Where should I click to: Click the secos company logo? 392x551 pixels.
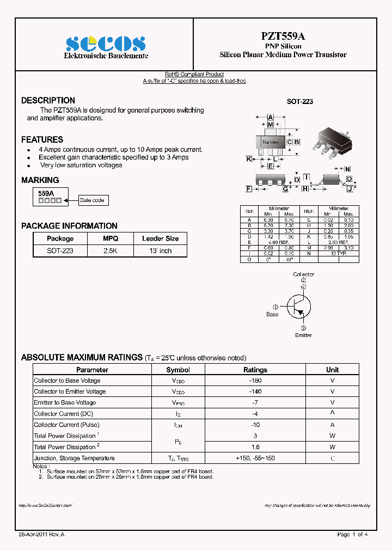tap(106, 44)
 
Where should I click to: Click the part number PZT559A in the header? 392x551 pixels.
tap(283, 36)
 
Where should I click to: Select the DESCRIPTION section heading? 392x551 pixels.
tap(48, 101)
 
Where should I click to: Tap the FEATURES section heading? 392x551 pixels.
tap(42, 140)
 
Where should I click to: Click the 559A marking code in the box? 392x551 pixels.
tap(46, 193)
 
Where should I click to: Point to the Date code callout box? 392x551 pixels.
tap(92, 200)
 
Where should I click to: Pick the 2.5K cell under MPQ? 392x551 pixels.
tap(111, 251)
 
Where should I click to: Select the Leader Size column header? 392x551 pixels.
tap(161, 238)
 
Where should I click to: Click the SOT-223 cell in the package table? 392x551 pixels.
tap(60, 251)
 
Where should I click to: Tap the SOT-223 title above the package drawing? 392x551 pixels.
tap(300, 102)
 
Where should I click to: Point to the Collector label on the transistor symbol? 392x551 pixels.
tap(303, 274)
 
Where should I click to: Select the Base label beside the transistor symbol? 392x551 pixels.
tap(272, 314)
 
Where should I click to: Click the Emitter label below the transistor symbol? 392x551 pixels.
tap(303, 335)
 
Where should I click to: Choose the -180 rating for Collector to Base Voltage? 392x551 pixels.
tap(255, 381)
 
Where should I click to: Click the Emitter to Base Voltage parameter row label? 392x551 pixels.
tap(65, 402)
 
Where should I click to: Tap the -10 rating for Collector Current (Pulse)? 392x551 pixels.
tap(255, 425)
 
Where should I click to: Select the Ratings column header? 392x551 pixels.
tap(255, 370)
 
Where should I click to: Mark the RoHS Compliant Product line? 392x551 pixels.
tap(194, 74)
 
